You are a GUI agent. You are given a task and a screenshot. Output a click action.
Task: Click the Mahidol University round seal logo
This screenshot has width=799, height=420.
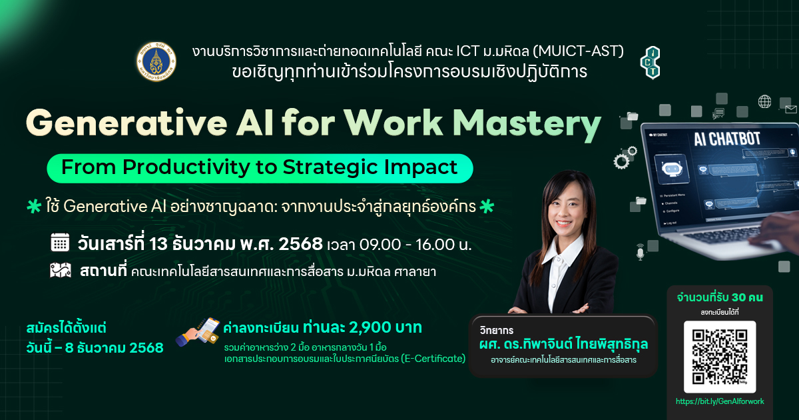coord(155,61)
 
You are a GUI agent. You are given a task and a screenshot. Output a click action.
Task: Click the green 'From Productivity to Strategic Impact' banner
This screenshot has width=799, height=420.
coord(260,167)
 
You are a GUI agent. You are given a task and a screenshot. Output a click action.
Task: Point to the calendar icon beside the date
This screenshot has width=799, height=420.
coord(60,243)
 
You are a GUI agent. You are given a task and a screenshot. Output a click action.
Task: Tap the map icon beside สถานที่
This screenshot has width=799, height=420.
coord(60,271)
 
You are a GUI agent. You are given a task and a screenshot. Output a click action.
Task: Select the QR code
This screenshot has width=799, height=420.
coord(720,357)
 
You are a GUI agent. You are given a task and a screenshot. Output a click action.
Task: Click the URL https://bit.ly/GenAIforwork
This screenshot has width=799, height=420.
coord(720,401)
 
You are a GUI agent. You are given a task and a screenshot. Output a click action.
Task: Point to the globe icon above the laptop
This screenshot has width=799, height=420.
coord(764,102)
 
